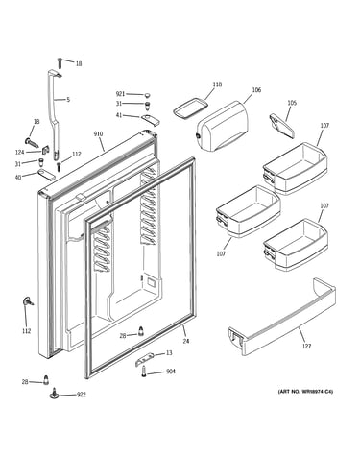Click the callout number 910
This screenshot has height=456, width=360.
pos(98,133)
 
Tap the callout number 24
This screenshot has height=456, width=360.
pos(186,341)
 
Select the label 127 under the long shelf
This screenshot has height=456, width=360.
pos(306,346)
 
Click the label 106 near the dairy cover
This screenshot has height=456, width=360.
pos(256,90)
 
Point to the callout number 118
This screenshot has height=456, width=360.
pos(217,84)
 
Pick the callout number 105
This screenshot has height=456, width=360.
pos(292,103)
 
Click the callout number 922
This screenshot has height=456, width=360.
pos(82,395)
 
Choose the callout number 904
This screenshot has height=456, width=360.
pos(171,372)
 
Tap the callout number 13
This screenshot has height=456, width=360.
pos(169,353)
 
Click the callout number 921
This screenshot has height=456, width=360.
pos(120,94)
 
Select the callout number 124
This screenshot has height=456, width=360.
pos(20,153)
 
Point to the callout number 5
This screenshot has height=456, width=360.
pos(68,100)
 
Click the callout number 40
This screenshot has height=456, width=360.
pos(18,177)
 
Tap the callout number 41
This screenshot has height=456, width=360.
pos(119,115)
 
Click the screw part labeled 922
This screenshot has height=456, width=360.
pos(54,394)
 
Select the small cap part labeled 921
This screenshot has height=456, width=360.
pos(147,95)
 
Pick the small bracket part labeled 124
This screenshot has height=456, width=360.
pos(45,150)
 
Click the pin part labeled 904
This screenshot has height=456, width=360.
pos(144,372)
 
